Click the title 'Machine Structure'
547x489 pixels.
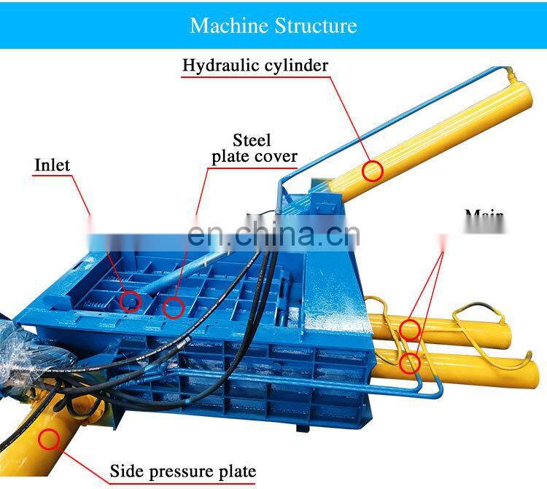[273, 26]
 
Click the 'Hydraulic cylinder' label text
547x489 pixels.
[255, 66]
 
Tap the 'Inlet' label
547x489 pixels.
[53, 165]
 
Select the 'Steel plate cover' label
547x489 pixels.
[254, 148]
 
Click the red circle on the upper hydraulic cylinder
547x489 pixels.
[373, 171]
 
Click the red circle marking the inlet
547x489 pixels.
[130, 300]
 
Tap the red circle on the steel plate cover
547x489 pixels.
[173, 308]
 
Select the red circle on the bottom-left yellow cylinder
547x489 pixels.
[49, 439]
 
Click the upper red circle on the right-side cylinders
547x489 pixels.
[411, 329]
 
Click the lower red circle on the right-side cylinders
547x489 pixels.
[411, 361]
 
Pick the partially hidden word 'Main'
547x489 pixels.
[484, 216]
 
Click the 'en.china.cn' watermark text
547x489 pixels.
[273, 235]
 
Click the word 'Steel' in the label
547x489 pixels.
[252, 140]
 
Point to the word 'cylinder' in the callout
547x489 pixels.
[294, 66]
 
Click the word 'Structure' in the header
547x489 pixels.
[316, 26]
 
